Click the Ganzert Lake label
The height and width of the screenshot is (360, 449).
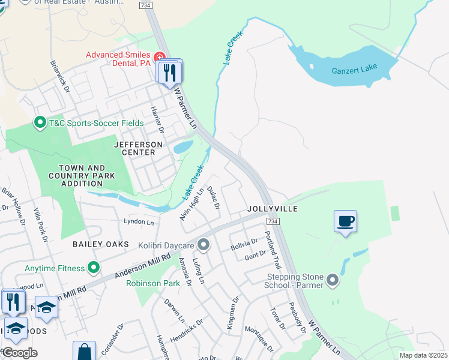click(354, 68)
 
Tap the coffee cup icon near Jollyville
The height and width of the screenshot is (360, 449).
click(345, 221)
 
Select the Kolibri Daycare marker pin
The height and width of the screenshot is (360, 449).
click(204, 245)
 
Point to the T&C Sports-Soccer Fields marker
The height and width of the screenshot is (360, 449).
click(40, 123)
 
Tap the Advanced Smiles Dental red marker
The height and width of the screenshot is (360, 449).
click(160, 58)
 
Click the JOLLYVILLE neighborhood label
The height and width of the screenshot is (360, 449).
click(273, 209)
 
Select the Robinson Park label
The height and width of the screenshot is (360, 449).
click(153, 283)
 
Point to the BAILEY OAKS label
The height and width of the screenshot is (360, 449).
click(101, 244)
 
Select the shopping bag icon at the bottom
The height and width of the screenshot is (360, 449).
click(85, 352)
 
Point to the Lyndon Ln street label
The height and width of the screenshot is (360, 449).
click(139, 222)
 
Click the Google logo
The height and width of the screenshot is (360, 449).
click(20, 353)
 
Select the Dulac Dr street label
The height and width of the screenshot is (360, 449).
click(213, 197)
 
